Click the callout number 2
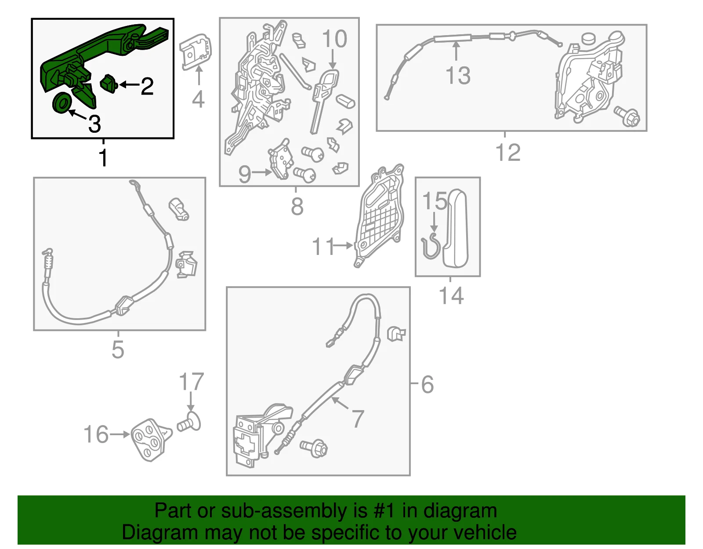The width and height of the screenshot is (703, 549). point(147,87)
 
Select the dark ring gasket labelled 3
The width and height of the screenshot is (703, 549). point(62,103)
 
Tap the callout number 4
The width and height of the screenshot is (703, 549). point(198,99)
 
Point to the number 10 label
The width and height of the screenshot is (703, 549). point(334,39)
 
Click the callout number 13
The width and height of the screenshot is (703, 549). point(458,76)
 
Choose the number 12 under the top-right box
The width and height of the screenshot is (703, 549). point(508,153)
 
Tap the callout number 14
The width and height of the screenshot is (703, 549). point(451,295)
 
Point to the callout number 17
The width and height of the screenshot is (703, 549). point(191,382)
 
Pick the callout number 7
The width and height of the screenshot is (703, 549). point(358,418)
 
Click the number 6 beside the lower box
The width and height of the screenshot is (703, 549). point(427,385)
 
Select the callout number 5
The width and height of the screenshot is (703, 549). point(118,350)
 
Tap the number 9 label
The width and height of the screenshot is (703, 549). point(245,174)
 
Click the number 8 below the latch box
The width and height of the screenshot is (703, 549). point(297,207)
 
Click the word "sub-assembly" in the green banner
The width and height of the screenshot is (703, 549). point(294,511)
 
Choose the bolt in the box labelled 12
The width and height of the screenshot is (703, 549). point(627,116)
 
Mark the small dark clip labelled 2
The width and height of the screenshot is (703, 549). point(109,84)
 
